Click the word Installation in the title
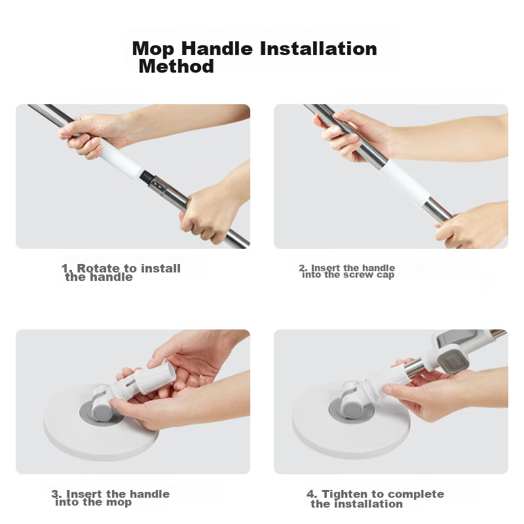pos(318,49)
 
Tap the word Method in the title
pos(176,66)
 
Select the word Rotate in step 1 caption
pos(99,269)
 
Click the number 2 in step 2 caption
pos(303,268)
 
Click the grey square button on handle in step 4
pos(453,358)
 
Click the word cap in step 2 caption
pos(386,275)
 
